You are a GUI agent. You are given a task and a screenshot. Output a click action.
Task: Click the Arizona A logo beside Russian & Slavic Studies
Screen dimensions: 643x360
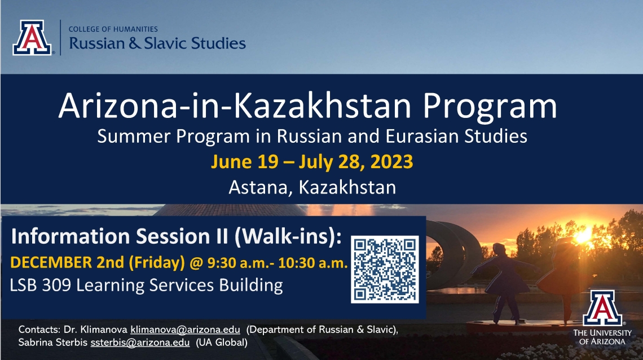(32, 38)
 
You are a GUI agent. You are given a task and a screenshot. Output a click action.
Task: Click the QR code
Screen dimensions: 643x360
(385, 269)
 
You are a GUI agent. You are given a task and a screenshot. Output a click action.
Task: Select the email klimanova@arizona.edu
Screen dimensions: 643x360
(185, 330)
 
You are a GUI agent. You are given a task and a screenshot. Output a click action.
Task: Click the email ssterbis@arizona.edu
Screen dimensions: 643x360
(140, 343)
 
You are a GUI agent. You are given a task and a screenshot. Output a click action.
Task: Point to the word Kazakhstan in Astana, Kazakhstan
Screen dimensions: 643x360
(347, 187)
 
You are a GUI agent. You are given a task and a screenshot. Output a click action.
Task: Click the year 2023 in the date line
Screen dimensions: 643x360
(391, 161)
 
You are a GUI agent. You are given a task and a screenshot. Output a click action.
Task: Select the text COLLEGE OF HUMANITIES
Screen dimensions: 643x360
(113, 29)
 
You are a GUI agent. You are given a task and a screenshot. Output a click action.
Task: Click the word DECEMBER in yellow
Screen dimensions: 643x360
(51, 262)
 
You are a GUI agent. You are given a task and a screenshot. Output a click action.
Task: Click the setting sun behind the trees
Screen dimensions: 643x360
(583, 235)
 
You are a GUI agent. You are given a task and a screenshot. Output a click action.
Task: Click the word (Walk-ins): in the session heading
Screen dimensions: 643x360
(288, 236)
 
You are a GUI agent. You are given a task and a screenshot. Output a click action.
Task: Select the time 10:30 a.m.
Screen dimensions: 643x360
(313, 263)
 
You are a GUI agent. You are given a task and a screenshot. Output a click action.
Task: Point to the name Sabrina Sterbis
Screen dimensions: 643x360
(53, 343)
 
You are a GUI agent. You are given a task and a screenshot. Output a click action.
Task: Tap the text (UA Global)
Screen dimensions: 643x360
(222, 343)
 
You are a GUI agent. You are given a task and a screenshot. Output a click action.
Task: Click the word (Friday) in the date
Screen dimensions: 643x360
(157, 263)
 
